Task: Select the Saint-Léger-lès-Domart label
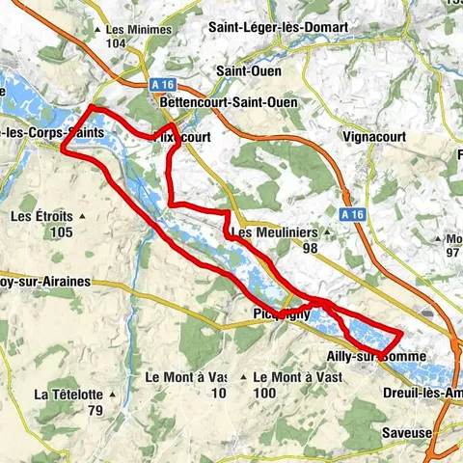(279, 27)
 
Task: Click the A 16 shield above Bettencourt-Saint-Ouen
(165, 84)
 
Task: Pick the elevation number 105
(63, 231)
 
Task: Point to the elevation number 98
(310, 248)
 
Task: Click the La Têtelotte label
(68, 395)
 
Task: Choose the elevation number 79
(95, 410)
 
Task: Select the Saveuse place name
(406, 433)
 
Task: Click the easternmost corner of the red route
(401, 333)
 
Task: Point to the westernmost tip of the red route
(63, 150)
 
